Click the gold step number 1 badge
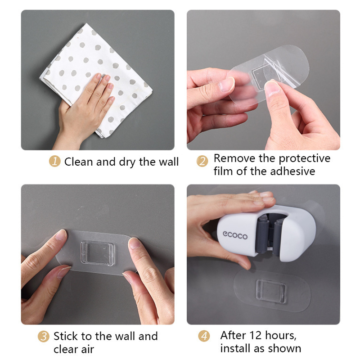[54, 161]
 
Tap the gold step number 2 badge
[202, 161]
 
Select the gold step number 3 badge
[44, 337]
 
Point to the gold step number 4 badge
[204, 336]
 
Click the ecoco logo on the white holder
[235, 235]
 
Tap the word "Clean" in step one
[79, 162]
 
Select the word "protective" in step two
[305, 159]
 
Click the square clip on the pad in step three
[97, 253]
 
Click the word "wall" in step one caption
[169, 162]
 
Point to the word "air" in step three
[87, 350]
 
